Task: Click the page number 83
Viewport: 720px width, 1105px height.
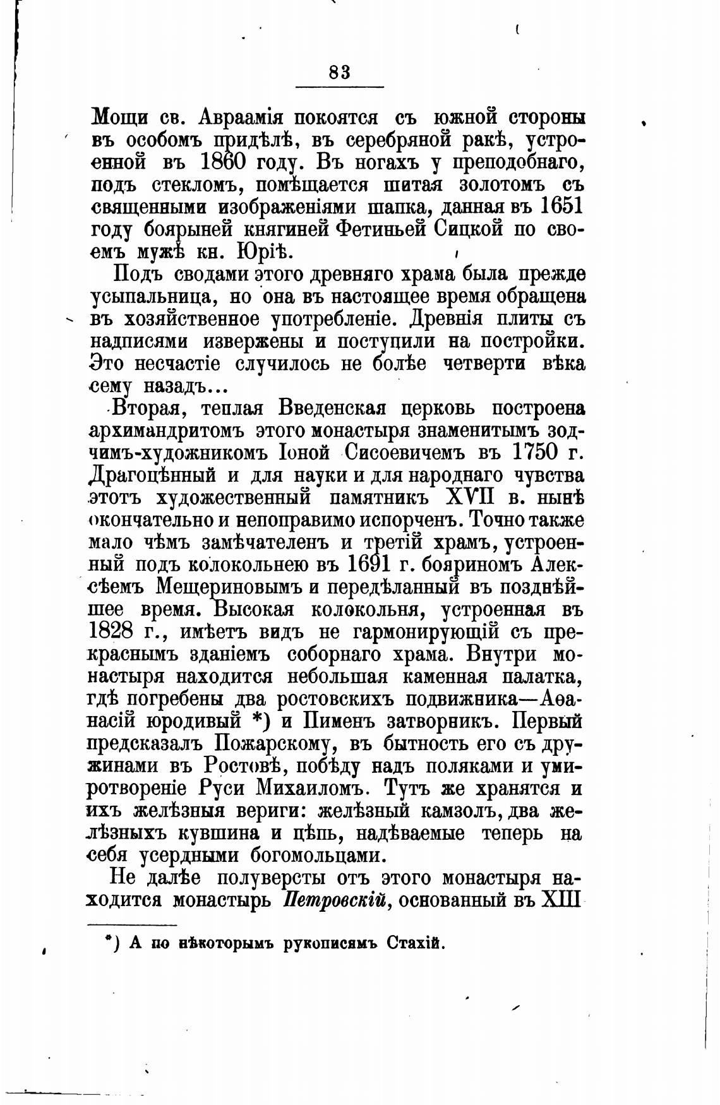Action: pyautogui.click(x=340, y=72)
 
